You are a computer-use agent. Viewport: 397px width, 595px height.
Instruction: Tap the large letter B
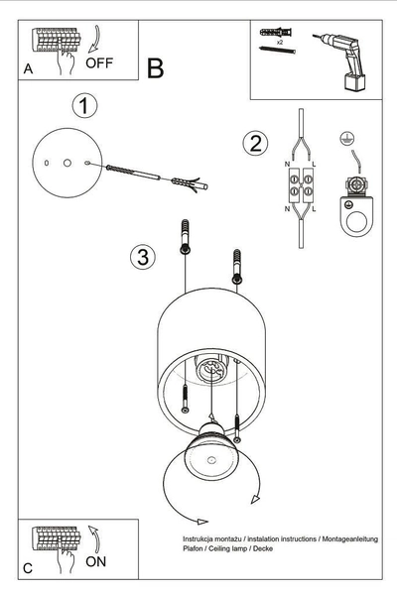155,68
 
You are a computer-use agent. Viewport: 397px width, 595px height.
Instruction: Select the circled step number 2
254,142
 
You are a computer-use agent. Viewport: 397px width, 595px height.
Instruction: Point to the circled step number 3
143,258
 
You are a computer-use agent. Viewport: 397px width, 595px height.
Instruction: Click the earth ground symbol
346,140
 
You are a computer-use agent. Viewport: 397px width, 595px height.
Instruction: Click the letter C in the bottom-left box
28,567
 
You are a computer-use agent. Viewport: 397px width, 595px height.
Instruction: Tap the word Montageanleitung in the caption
349,537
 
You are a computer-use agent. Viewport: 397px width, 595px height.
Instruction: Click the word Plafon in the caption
193,548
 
